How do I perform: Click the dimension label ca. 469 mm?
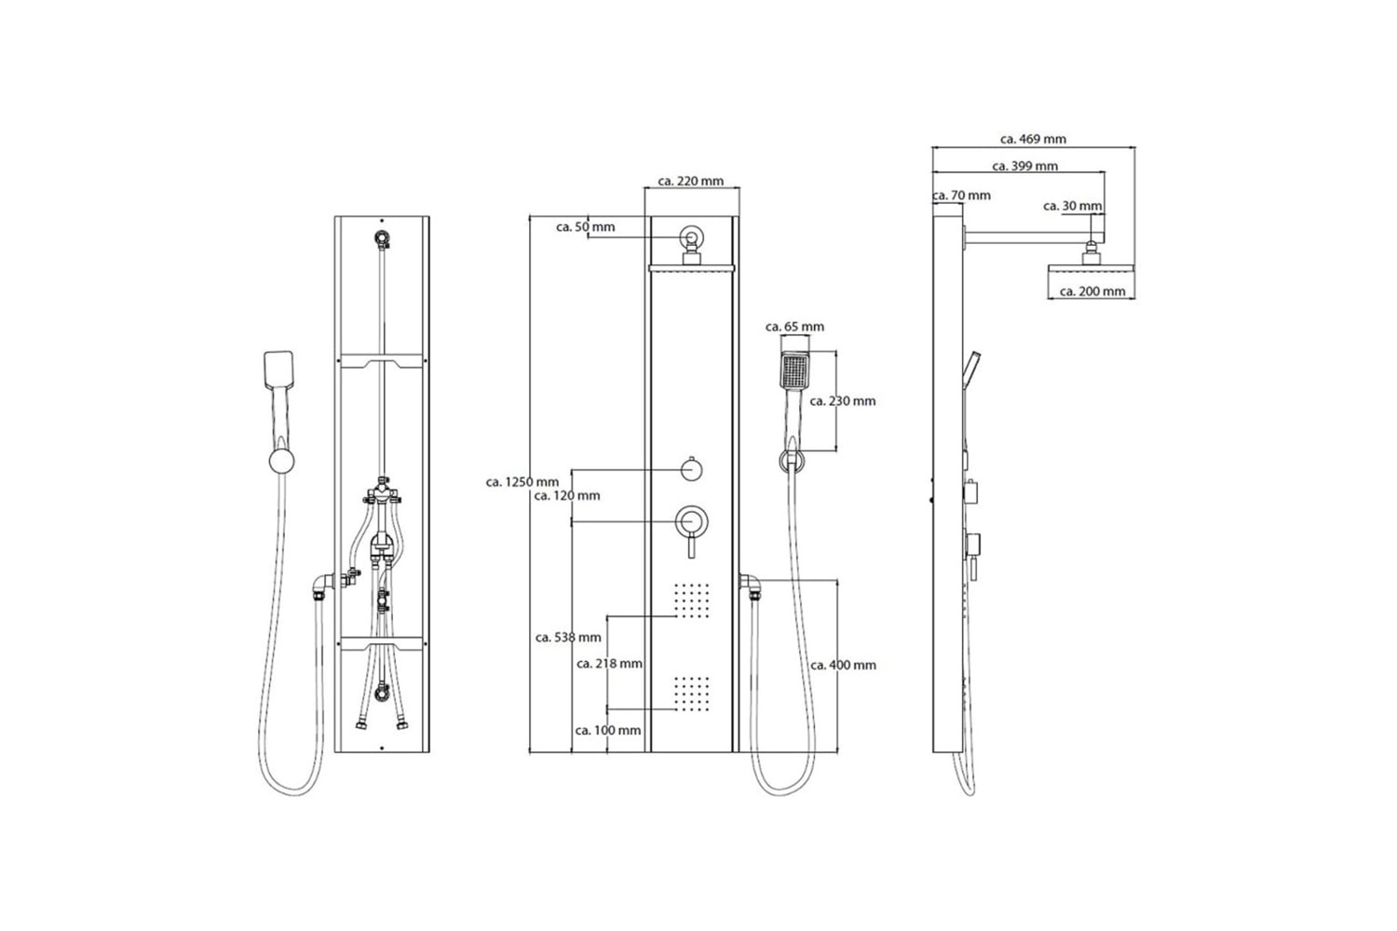(x=1034, y=139)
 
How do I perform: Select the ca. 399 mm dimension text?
(x=1024, y=166)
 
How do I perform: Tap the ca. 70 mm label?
(x=962, y=196)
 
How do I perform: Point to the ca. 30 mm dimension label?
(x=1073, y=206)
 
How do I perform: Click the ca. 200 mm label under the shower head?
(x=1092, y=291)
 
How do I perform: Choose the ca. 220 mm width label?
(x=691, y=181)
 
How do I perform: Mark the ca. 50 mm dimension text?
(x=586, y=227)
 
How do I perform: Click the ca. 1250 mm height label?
(x=522, y=482)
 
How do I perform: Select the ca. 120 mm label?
(x=567, y=495)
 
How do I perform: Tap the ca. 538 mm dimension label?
(x=568, y=638)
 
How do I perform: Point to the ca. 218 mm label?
(x=609, y=664)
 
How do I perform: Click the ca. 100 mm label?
(x=608, y=730)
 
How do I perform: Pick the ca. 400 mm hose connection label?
(x=843, y=666)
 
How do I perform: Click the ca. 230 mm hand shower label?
(x=843, y=401)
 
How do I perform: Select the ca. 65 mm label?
(x=794, y=327)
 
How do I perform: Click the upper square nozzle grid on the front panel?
(x=692, y=600)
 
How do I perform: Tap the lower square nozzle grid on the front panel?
(x=692, y=694)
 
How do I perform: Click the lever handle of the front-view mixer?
(x=691, y=546)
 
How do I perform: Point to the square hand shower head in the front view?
(x=794, y=371)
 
